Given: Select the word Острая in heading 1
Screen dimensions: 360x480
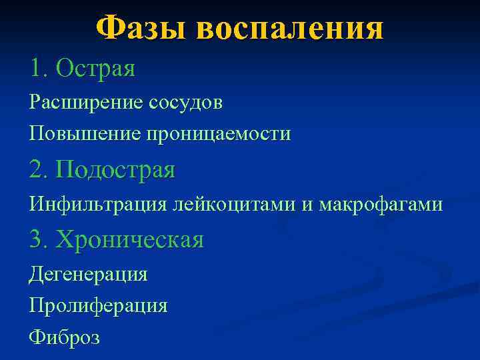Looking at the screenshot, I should coord(96,67).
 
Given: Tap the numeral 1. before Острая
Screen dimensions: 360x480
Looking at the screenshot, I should coord(39,67).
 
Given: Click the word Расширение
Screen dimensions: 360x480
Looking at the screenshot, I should coord(86,103).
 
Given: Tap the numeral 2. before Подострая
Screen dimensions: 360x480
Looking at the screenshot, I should coord(39,170).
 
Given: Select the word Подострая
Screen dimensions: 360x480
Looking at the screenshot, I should coord(116,171).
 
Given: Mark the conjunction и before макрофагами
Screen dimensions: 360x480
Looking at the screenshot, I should coord(306,205).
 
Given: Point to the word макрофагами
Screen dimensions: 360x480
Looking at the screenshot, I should coord(379,205).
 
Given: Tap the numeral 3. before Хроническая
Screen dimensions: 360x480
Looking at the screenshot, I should coord(39,239).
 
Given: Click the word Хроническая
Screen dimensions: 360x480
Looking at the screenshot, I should coord(130,240).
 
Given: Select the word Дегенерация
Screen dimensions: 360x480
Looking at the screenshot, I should coord(88,274).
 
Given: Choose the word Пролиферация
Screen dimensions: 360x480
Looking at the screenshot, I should coord(98,306).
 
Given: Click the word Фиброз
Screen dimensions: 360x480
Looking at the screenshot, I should coord(64,337).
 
